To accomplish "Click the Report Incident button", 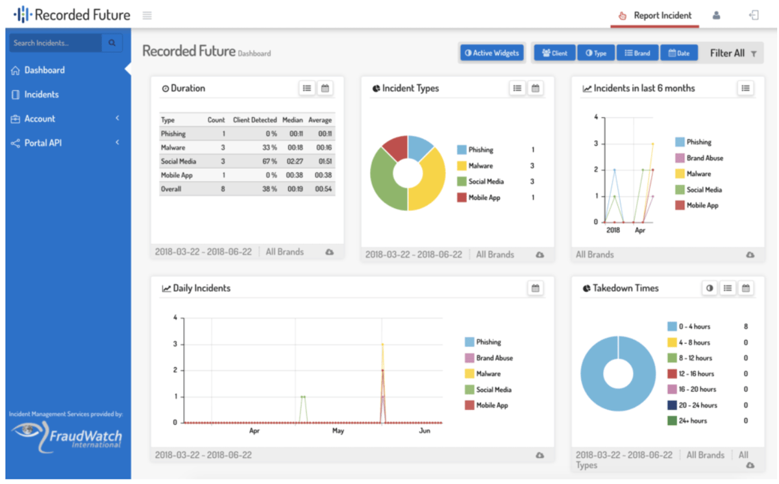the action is [655, 16].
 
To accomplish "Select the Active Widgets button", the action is [492, 53].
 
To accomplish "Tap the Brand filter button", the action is [637, 53].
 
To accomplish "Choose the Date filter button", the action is [679, 53].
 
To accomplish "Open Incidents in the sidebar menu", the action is [41, 95].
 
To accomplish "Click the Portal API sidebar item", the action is [42, 143].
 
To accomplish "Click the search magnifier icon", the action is [112, 43].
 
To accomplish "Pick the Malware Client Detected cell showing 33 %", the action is [269, 148].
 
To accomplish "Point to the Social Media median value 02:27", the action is [295, 162].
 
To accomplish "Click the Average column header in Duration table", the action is [320, 120].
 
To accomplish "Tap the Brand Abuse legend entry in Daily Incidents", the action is [489, 358].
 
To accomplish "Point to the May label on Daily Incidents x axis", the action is [338, 431].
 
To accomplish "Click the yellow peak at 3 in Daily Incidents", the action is [382, 345].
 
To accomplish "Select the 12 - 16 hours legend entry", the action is [691, 374].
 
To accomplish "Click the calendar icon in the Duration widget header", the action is [325, 88].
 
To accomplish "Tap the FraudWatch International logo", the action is [66, 437].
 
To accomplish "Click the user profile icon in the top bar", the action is [716, 16].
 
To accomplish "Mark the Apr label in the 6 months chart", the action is [640, 230].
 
